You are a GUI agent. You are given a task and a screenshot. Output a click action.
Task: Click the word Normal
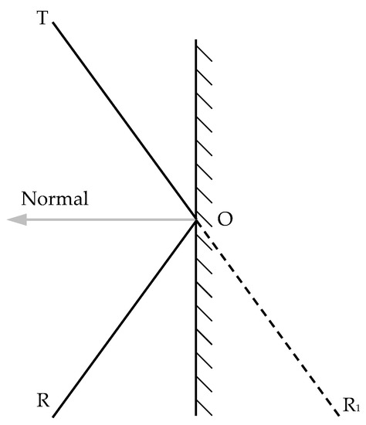pyautogui.click(x=55, y=198)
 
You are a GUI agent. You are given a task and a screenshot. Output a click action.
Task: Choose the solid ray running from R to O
pyautogui.click(x=124, y=317)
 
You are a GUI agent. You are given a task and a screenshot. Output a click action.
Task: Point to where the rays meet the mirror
pyautogui.click(x=195, y=221)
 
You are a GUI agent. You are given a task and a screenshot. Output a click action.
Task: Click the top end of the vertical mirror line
pyautogui.click(x=195, y=40)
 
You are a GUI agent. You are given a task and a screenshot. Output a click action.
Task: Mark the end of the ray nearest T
pyautogui.click(x=54, y=22)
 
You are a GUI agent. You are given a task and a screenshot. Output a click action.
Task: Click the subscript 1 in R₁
pyautogui.click(x=356, y=406)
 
